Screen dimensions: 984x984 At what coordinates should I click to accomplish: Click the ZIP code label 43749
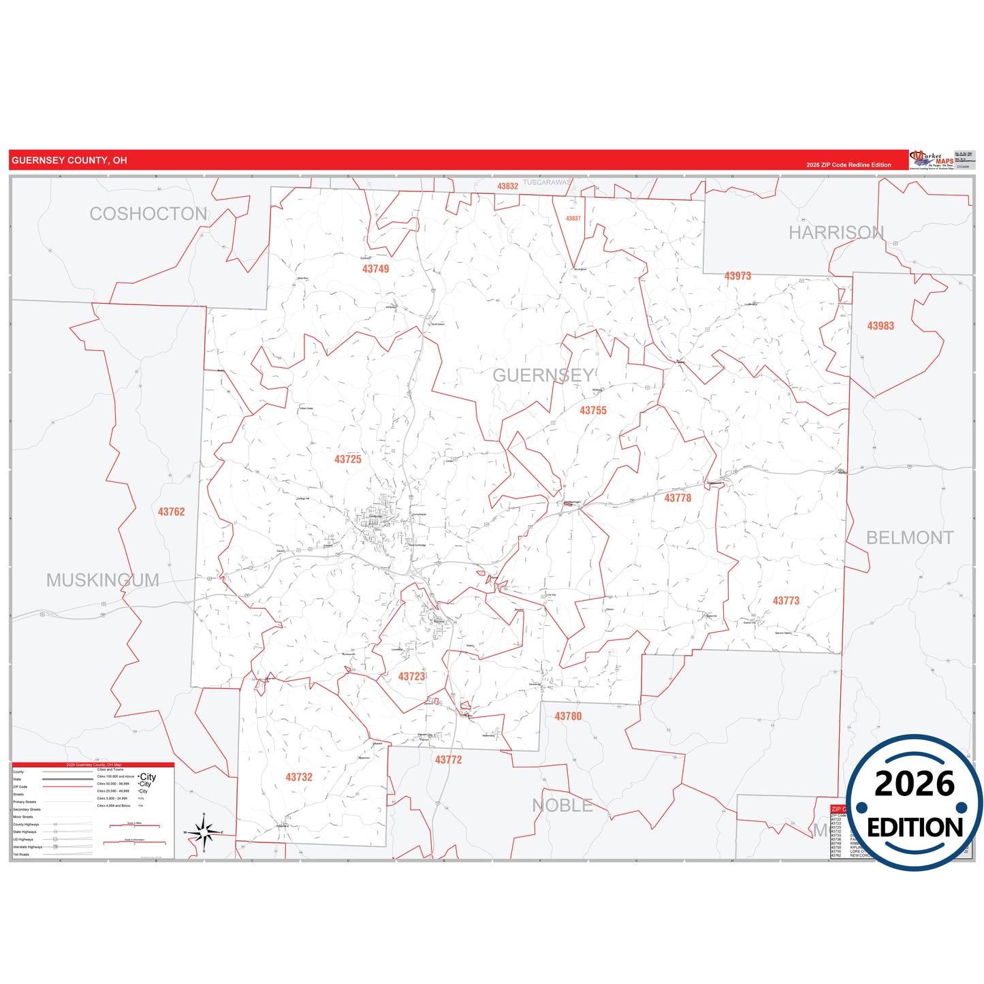(x=375, y=269)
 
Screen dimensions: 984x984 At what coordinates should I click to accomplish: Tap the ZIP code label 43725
(x=348, y=460)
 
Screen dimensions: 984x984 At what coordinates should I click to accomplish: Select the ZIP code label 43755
(x=593, y=411)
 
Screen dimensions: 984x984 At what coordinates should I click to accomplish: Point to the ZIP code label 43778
(x=678, y=498)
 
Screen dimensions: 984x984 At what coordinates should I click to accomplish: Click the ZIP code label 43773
(x=786, y=601)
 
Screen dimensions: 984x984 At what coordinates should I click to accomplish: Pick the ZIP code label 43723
(x=411, y=676)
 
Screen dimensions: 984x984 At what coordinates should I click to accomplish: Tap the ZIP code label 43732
(x=299, y=777)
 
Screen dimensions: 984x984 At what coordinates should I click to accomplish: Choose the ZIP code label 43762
(x=171, y=512)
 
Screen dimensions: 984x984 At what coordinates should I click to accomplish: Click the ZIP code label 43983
(x=880, y=326)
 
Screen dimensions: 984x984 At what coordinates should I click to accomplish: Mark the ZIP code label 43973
(x=737, y=276)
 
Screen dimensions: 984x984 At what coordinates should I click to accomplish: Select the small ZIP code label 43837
(x=573, y=219)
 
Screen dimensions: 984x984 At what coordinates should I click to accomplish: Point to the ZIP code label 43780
(x=568, y=716)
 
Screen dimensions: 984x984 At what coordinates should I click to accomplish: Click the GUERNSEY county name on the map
(x=543, y=375)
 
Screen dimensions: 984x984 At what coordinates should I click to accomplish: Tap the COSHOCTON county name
(x=148, y=214)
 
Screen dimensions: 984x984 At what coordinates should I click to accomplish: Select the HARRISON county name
(x=836, y=233)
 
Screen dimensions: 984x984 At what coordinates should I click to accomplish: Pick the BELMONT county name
(x=910, y=538)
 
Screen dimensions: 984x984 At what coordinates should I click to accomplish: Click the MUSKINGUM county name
(x=103, y=580)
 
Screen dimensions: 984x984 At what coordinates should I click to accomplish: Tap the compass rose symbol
(x=204, y=832)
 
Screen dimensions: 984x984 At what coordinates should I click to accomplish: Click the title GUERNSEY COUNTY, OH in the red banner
(x=69, y=161)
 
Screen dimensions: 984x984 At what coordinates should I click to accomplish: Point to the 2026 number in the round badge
(x=914, y=784)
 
